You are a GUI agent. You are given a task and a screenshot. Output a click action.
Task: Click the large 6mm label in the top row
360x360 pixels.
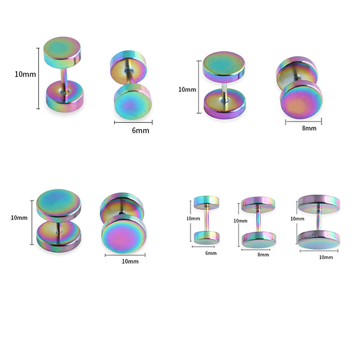(140, 130)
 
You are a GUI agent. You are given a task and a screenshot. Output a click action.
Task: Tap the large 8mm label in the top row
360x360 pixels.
(309, 128)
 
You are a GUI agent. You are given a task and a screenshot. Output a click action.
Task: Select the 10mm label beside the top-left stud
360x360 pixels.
(25, 74)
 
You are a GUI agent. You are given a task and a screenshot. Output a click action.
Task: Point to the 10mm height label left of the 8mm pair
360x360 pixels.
(187, 90)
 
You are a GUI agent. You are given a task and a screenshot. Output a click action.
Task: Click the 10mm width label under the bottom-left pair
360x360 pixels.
(130, 261)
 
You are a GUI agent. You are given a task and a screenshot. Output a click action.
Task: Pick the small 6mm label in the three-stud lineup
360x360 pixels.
(211, 253)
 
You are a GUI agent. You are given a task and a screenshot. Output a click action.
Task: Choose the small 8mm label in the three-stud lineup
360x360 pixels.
(263, 255)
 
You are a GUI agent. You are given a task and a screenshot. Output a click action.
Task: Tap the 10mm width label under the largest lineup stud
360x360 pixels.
(326, 257)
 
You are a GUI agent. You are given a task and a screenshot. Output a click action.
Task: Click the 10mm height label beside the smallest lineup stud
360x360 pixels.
(193, 219)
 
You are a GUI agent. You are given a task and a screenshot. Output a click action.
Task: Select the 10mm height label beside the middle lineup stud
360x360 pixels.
(240, 221)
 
